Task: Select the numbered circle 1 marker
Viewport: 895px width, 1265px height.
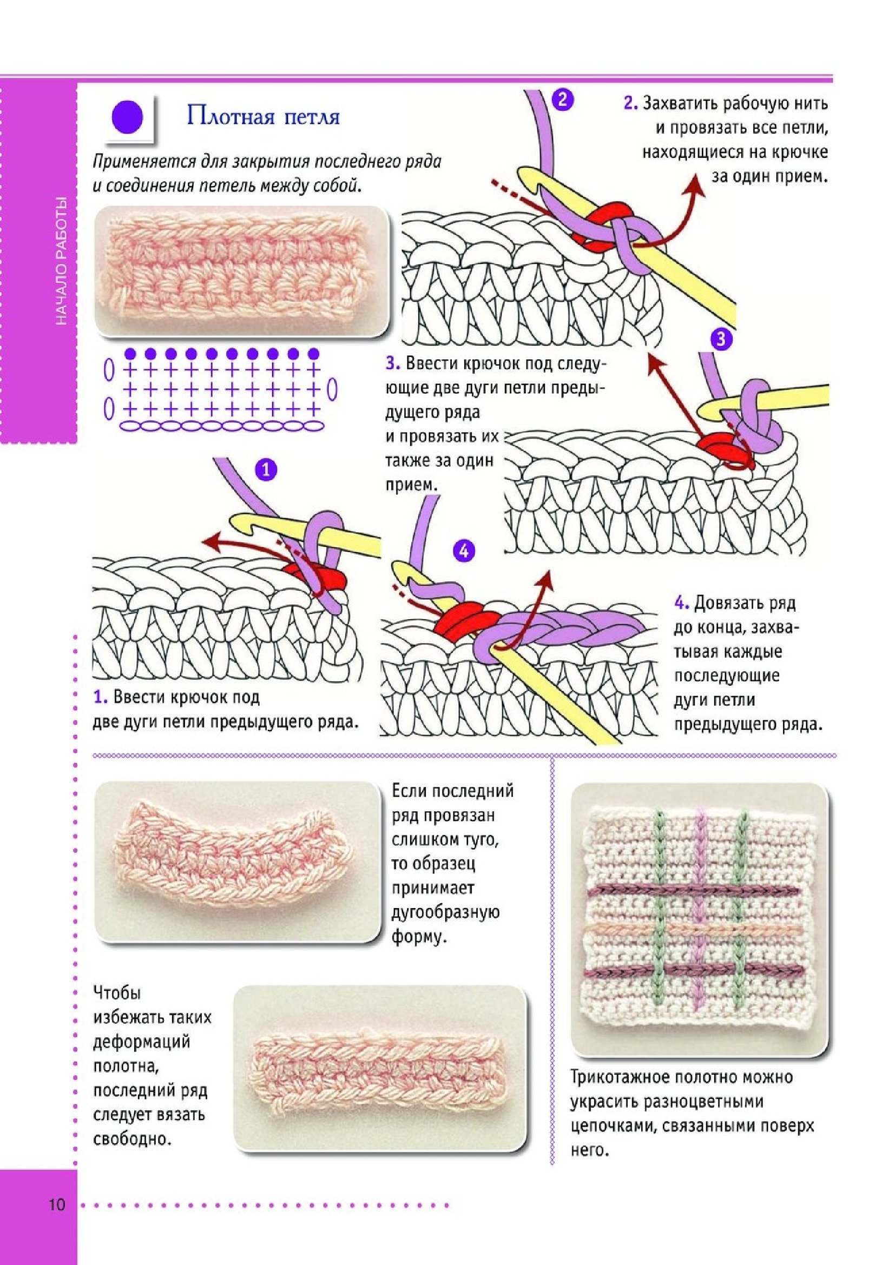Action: (266, 470)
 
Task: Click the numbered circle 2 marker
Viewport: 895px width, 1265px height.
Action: (562, 100)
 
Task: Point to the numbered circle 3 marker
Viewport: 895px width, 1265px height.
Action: (722, 338)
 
